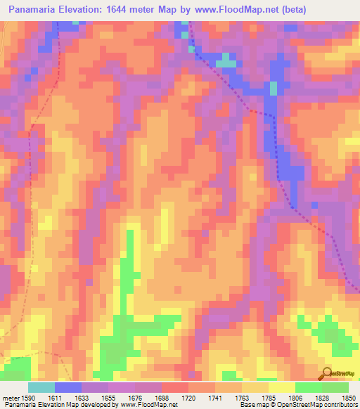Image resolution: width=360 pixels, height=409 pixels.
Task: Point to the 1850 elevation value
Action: point(346,398)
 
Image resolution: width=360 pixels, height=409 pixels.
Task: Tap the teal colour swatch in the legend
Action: point(41,387)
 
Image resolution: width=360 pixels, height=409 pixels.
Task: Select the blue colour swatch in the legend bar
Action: point(68,387)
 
